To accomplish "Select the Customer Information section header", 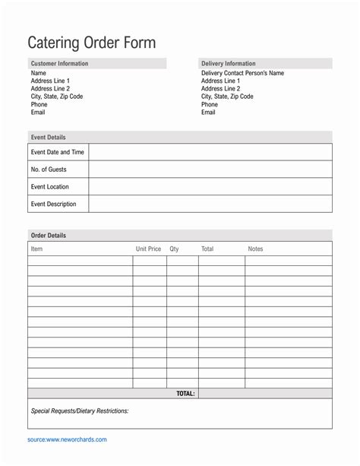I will (59, 64).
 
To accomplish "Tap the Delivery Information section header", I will (228, 64).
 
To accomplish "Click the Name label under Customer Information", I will (38, 73).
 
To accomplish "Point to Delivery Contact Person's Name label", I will (242, 73).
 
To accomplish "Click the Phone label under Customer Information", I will (39, 105).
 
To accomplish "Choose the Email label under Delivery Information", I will (208, 113).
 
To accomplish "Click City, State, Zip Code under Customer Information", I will (57, 97).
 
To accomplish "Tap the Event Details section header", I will (48, 138).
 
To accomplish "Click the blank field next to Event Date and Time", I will (210, 152).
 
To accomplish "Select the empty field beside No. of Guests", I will (210, 170).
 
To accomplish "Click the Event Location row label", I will (50, 186).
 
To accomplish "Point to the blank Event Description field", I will (210, 204).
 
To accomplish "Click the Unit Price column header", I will (149, 249).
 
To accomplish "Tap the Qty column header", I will (175, 249).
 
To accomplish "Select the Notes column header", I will (255, 249).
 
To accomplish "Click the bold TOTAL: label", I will (185, 394).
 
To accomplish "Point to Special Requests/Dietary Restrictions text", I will (80, 411).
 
